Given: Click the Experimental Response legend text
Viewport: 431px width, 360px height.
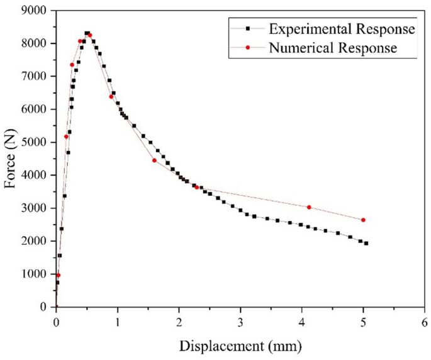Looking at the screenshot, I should [342, 29].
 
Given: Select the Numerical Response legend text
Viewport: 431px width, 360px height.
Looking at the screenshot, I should [333, 47].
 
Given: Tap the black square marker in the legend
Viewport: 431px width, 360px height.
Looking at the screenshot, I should [249, 29].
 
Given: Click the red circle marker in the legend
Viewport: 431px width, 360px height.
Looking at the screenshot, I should [249, 47].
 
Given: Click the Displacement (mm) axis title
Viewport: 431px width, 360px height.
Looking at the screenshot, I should [240, 346].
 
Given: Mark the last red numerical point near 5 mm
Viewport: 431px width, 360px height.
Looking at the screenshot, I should [363, 220].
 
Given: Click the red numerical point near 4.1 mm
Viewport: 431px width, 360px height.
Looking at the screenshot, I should [309, 207].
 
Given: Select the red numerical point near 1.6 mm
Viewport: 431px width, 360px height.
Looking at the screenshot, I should [154, 160].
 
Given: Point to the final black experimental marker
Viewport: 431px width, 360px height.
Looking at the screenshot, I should [366, 243].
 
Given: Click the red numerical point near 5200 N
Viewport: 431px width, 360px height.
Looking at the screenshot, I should [66, 137].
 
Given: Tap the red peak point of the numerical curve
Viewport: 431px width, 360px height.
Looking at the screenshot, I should [90, 35].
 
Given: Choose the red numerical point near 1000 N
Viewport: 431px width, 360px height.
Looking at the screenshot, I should [58, 275].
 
